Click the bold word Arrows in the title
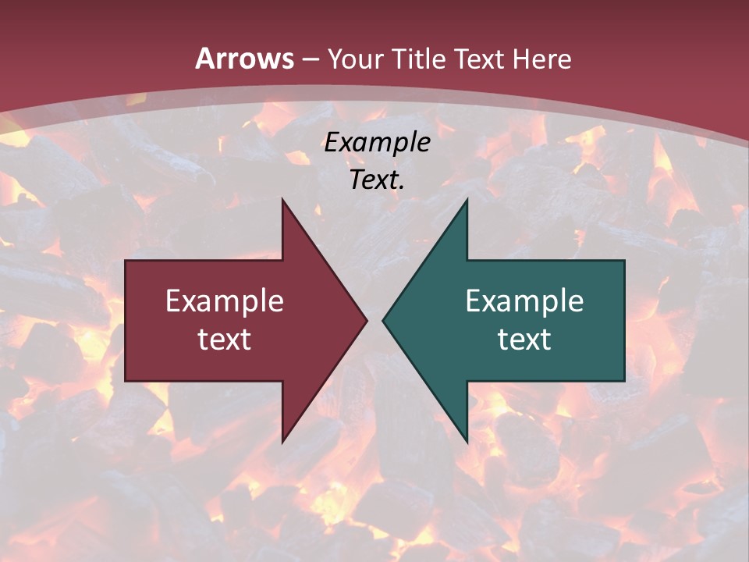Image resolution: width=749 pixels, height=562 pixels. point(244,59)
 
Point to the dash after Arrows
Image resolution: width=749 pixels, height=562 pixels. point(310,59)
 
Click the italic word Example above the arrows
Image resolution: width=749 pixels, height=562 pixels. point(377,143)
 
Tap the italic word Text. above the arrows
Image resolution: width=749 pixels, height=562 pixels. point(377,180)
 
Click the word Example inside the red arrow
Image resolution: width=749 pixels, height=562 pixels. point(225,301)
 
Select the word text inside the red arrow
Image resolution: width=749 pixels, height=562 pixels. point(225,340)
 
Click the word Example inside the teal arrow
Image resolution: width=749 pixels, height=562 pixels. point(524,301)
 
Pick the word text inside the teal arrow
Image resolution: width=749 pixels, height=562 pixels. point(524,340)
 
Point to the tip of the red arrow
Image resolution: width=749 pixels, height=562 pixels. point(367,320)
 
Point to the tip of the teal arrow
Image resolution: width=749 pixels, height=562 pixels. point(383,320)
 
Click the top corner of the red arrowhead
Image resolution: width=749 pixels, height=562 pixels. point(282,200)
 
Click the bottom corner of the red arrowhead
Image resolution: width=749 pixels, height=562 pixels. point(282,442)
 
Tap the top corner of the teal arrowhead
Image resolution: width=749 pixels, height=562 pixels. point(467,200)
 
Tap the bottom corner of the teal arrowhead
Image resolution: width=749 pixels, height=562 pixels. point(467,442)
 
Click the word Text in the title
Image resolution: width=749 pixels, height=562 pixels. point(478,59)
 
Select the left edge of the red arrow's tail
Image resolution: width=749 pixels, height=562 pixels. point(126,321)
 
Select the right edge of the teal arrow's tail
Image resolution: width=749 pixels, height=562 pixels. point(624,321)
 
